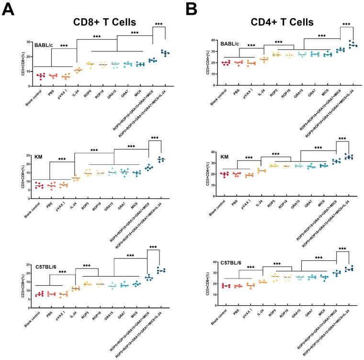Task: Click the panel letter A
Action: pyautogui.click(x=10, y=11)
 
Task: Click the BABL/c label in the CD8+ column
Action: pyautogui.click(x=44, y=45)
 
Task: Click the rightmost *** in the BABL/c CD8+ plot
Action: pyautogui.click(x=159, y=23)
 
